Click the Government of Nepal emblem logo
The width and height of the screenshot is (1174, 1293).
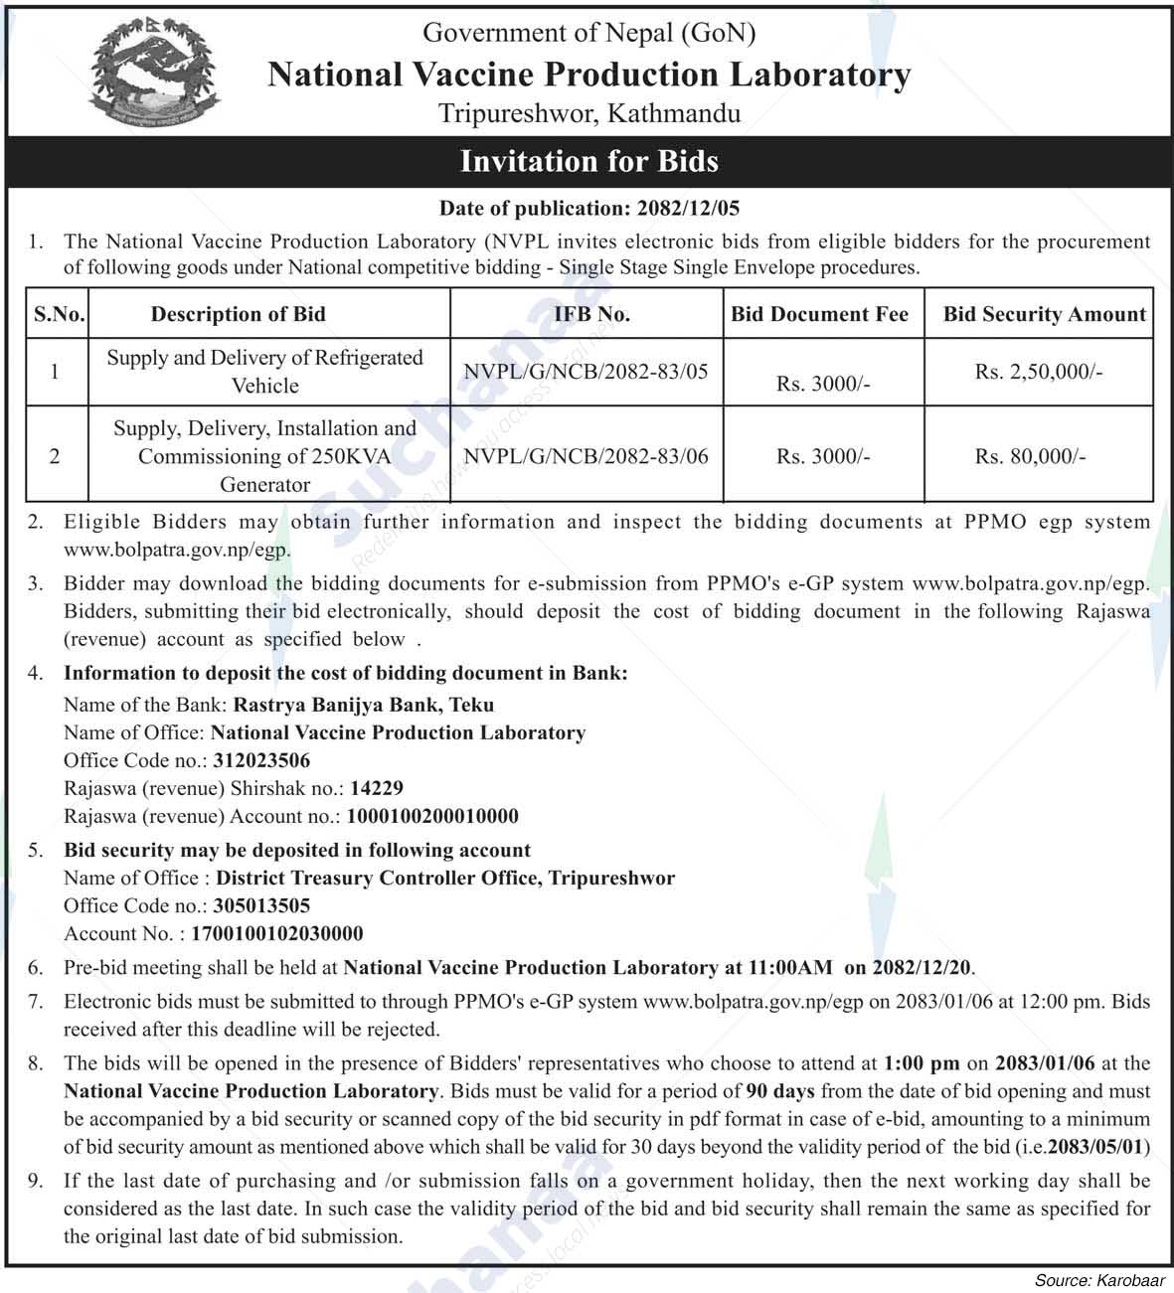coord(155,75)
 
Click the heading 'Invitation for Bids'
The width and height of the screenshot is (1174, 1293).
coord(588,161)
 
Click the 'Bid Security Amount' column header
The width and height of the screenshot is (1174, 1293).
coord(1044,314)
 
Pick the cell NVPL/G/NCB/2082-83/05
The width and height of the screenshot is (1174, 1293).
coord(586,372)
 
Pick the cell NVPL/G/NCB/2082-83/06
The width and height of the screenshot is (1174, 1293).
coord(586,456)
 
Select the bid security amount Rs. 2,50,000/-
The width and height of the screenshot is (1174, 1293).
coord(1038,372)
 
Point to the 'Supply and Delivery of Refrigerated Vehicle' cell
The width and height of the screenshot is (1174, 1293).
coord(264,371)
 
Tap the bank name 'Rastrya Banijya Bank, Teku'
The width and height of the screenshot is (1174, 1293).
coord(363,705)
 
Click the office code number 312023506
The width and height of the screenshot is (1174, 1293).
coord(261,760)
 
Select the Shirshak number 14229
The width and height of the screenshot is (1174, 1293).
coord(377,788)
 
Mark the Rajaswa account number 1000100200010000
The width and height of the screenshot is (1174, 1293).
coord(432,816)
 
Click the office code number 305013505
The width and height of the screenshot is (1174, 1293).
coord(261,905)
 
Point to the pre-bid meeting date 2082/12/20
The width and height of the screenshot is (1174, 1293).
coord(922,967)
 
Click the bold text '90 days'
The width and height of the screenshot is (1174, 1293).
coord(780,1090)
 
